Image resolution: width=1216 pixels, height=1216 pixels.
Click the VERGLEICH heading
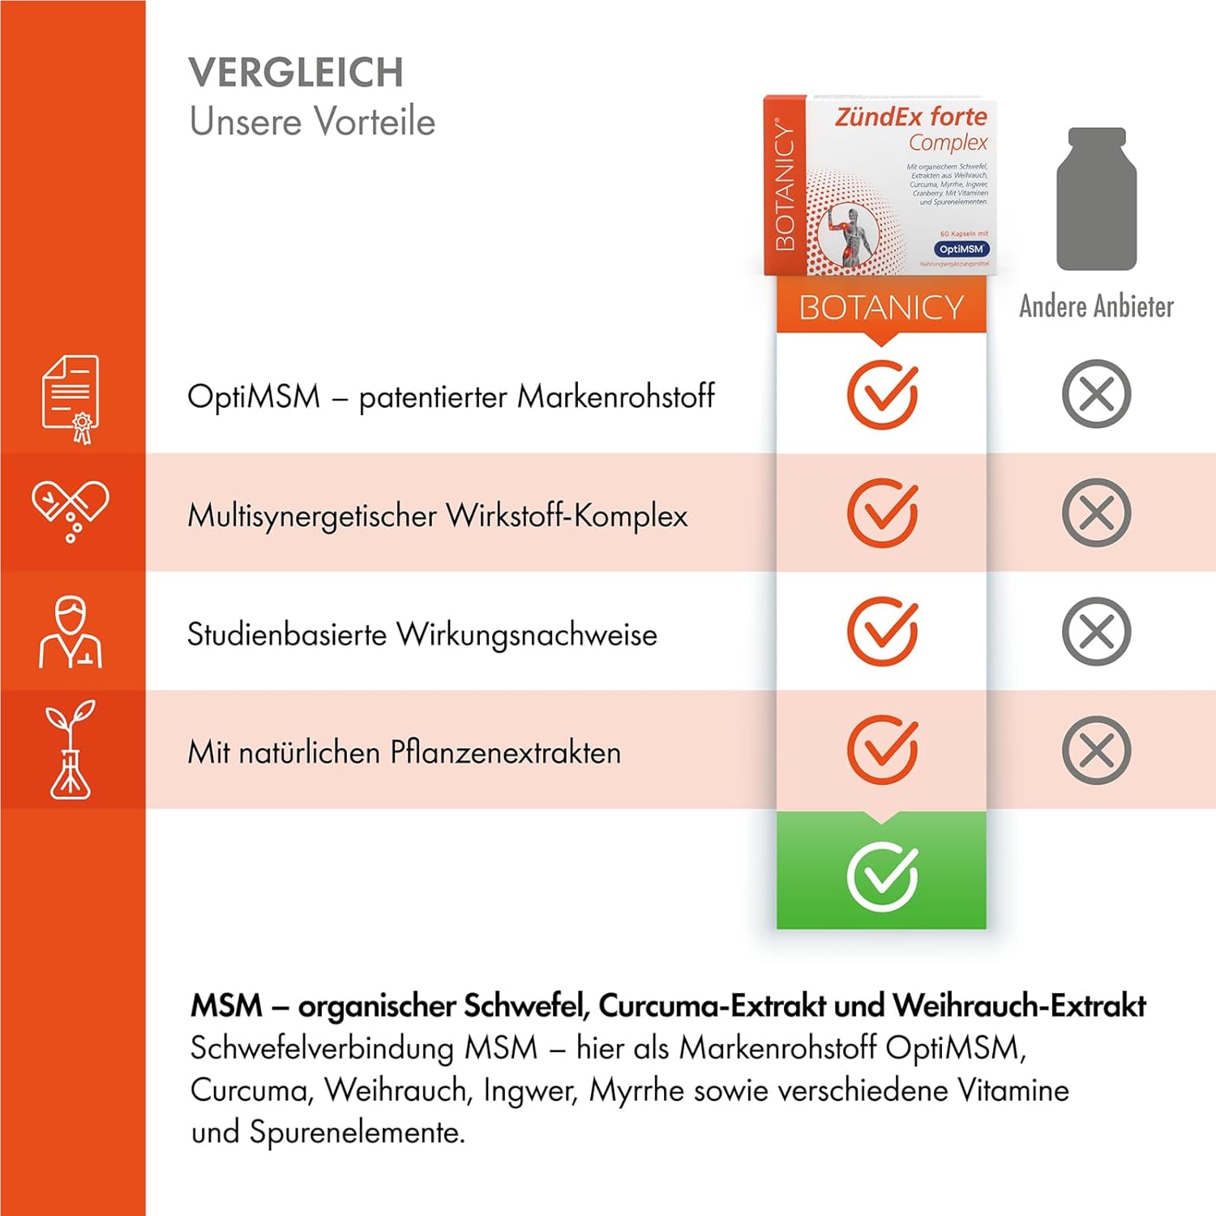point(296,73)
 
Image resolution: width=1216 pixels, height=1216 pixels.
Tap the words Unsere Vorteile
point(312,122)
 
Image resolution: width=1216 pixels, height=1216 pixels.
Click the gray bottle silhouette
point(1096,199)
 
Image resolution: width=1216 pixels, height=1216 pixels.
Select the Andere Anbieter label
point(1096,306)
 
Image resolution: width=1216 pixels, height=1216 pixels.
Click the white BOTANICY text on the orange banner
point(881,308)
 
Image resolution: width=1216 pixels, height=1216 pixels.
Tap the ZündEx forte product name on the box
point(911,117)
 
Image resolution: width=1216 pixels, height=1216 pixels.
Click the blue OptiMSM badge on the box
point(961,249)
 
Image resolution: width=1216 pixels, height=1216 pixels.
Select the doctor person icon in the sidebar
point(71,632)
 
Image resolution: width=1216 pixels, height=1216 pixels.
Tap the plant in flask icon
point(71,750)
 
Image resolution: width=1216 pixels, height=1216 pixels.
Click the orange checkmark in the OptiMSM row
point(882,395)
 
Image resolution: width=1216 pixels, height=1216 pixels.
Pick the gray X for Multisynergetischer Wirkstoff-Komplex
point(1096,513)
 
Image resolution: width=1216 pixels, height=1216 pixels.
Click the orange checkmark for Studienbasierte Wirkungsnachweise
point(882,632)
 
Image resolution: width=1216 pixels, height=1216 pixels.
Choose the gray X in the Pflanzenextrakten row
point(1096,750)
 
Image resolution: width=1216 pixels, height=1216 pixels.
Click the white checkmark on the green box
point(882,876)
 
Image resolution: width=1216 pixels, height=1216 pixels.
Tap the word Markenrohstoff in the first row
point(616,396)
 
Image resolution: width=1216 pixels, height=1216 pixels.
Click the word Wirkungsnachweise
point(527,635)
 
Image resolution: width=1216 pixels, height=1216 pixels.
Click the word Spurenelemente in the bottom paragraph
point(357,1132)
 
